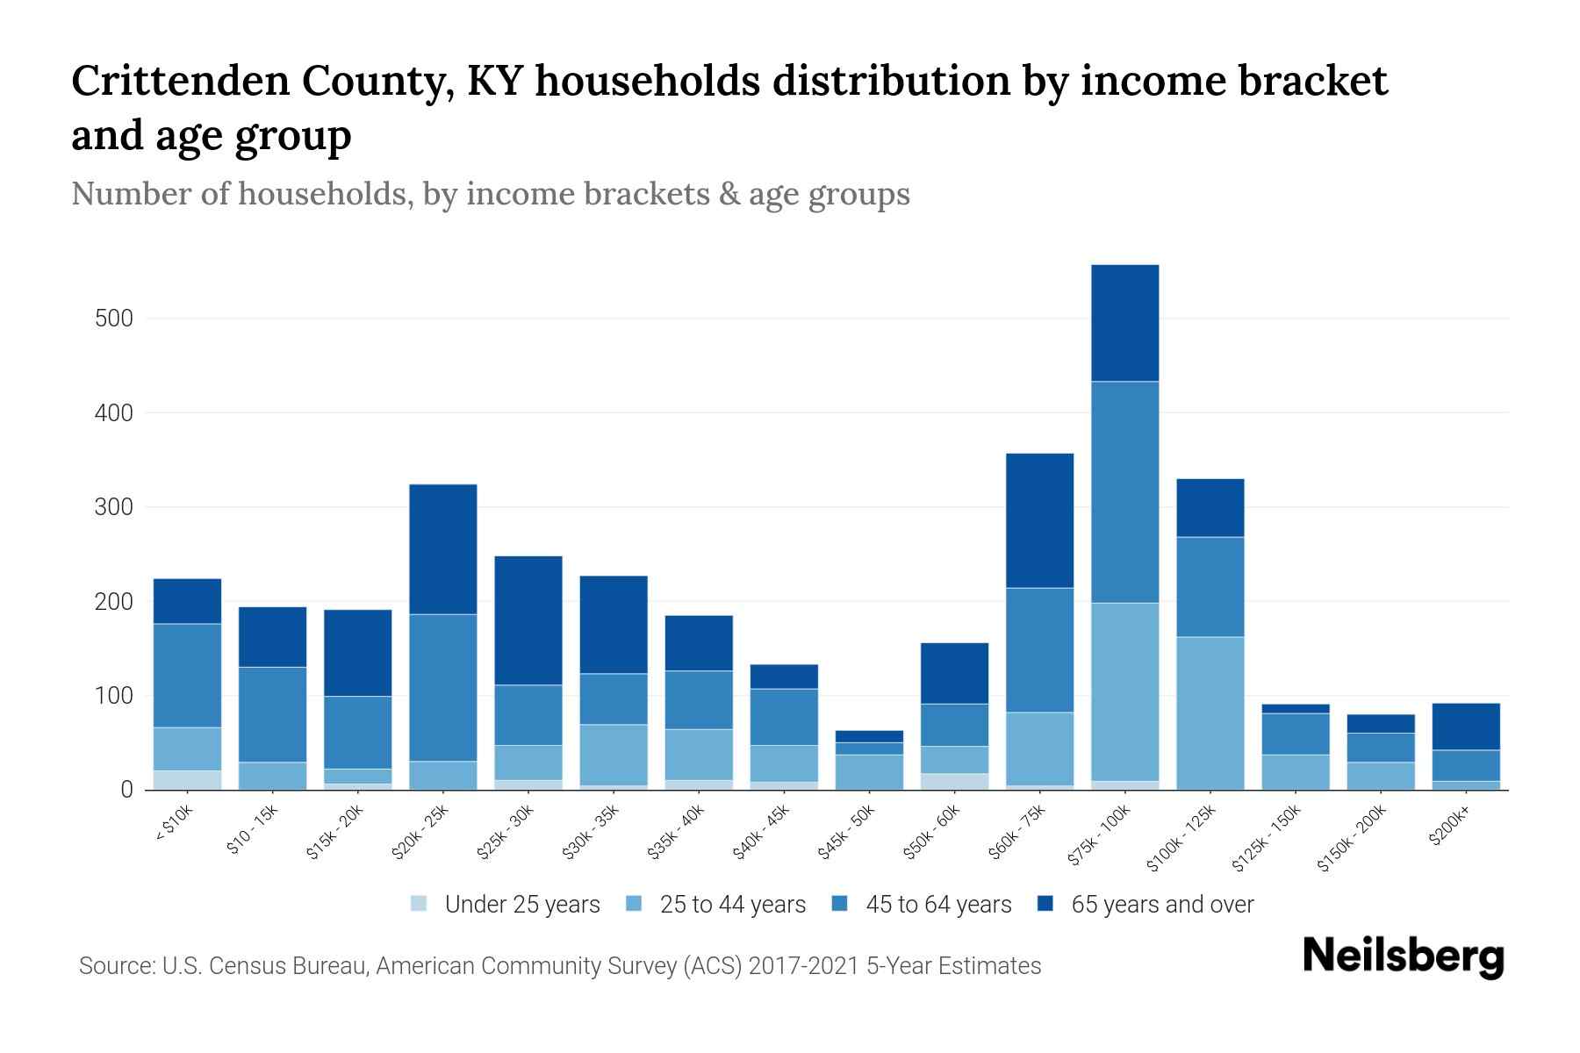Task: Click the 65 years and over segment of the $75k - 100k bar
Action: (x=1124, y=323)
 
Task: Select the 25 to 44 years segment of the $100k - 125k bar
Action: (x=1210, y=713)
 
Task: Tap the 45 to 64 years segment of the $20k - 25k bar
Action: (x=443, y=687)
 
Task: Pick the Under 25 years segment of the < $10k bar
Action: (x=187, y=780)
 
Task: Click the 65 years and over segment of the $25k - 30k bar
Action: (x=528, y=620)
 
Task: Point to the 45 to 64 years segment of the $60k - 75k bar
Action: (x=1039, y=649)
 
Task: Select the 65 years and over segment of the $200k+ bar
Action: (x=1465, y=727)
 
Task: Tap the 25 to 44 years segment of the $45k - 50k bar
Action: (x=869, y=772)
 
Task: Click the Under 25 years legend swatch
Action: (x=420, y=904)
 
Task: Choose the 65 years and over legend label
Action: (x=1162, y=904)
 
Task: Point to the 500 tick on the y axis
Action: (x=114, y=319)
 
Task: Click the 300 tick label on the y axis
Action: (x=114, y=507)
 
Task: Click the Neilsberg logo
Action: (x=1403, y=956)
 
